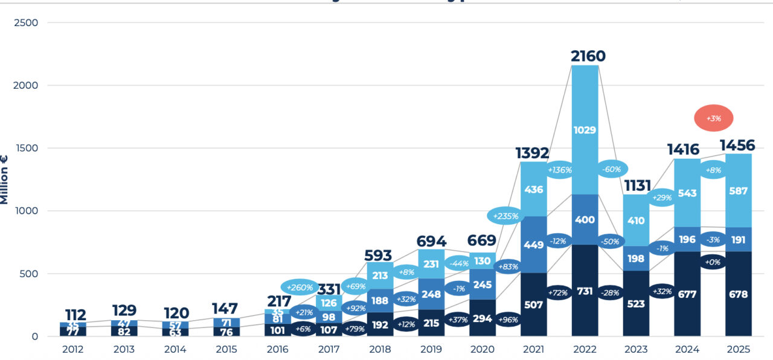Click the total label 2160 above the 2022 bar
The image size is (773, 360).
coord(588,56)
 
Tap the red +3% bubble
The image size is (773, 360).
coord(713,118)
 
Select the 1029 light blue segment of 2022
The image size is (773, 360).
coord(585,130)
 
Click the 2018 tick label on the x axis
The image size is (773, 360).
coord(379,349)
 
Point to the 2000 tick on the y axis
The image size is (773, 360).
coord(26,85)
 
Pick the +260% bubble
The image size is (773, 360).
coord(300,287)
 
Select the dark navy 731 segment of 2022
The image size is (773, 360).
coord(585,291)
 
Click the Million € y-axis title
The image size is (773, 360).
coord(5,179)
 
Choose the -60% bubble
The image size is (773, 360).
coord(611,169)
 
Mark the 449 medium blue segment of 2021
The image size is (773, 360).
coord(533,245)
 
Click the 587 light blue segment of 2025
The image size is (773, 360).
coord(739,191)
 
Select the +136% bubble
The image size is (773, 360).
coord(559,170)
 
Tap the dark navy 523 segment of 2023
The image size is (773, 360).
coord(637,303)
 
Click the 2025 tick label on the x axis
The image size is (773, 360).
coord(739,349)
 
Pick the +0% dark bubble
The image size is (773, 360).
coord(713,262)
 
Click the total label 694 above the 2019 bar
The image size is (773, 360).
coord(431,241)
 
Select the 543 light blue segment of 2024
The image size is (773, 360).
coord(687,193)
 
